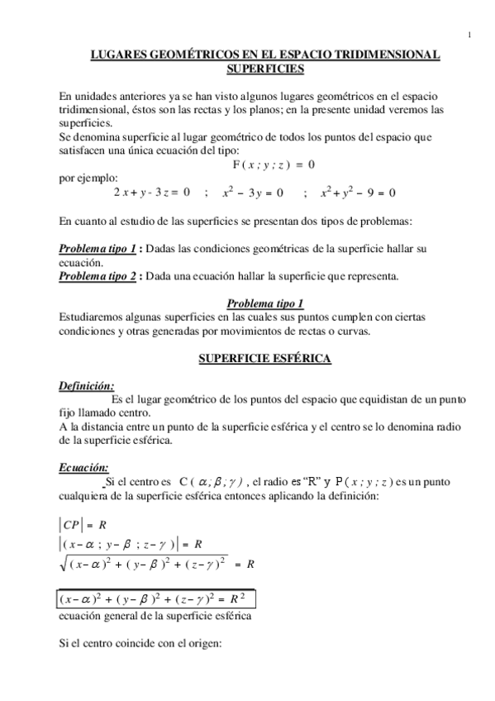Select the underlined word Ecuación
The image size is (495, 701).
point(84,467)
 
